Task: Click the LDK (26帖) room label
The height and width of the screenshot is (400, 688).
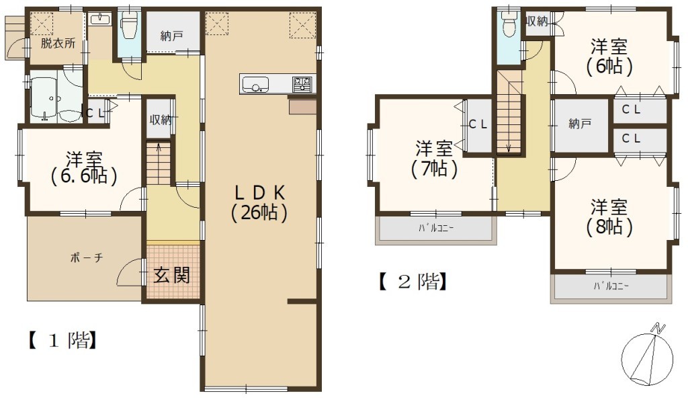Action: [x=259, y=202]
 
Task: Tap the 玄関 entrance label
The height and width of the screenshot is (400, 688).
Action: [x=171, y=276]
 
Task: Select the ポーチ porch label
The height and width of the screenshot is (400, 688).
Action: [x=87, y=257]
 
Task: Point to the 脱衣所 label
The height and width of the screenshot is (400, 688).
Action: [x=58, y=43]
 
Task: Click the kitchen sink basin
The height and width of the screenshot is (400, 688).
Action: [x=255, y=84]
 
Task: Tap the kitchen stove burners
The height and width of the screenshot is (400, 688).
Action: [x=302, y=84]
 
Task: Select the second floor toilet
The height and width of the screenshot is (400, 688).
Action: [x=509, y=25]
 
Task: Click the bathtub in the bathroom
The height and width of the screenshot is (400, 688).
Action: [x=43, y=99]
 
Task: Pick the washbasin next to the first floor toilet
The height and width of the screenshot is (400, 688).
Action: [x=101, y=19]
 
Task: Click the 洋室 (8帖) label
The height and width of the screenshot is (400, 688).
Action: [x=609, y=216]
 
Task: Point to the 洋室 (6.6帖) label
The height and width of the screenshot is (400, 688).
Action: [x=84, y=167]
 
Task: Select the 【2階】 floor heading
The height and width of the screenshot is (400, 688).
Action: [x=413, y=282]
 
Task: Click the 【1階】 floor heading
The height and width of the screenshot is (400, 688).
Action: [x=62, y=340]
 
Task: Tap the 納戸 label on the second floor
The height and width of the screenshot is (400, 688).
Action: [x=580, y=124]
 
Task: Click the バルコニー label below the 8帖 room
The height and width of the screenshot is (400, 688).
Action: [x=611, y=286]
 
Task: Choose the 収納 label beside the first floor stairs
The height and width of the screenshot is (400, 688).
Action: [x=160, y=120]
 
